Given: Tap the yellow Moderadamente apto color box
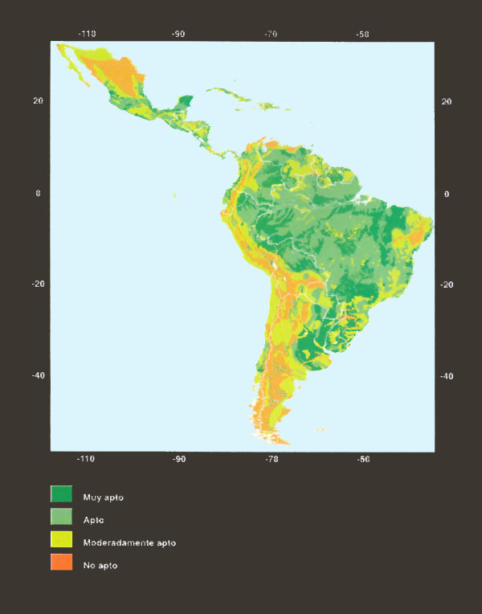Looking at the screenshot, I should (x=62, y=541).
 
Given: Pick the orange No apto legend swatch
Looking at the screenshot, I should (x=62, y=564).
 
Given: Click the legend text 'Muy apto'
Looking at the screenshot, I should (x=104, y=497).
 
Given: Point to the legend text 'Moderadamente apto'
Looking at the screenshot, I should (x=129, y=542).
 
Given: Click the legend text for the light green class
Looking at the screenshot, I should (x=94, y=520).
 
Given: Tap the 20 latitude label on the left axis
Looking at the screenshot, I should (x=38, y=101).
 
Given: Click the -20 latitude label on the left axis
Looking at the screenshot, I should (x=36, y=284).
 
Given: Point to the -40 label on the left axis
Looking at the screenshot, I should (x=36, y=375).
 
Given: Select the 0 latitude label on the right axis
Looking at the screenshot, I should (x=446, y=194).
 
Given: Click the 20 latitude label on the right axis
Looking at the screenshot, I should (x=447, y=101).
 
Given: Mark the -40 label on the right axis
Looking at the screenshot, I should (x=446, y=376).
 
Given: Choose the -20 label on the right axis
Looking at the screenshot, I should (x=446, y=284).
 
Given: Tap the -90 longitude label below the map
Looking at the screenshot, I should (x=178, y=459).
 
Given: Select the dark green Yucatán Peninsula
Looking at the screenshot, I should (x=185, y=103).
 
